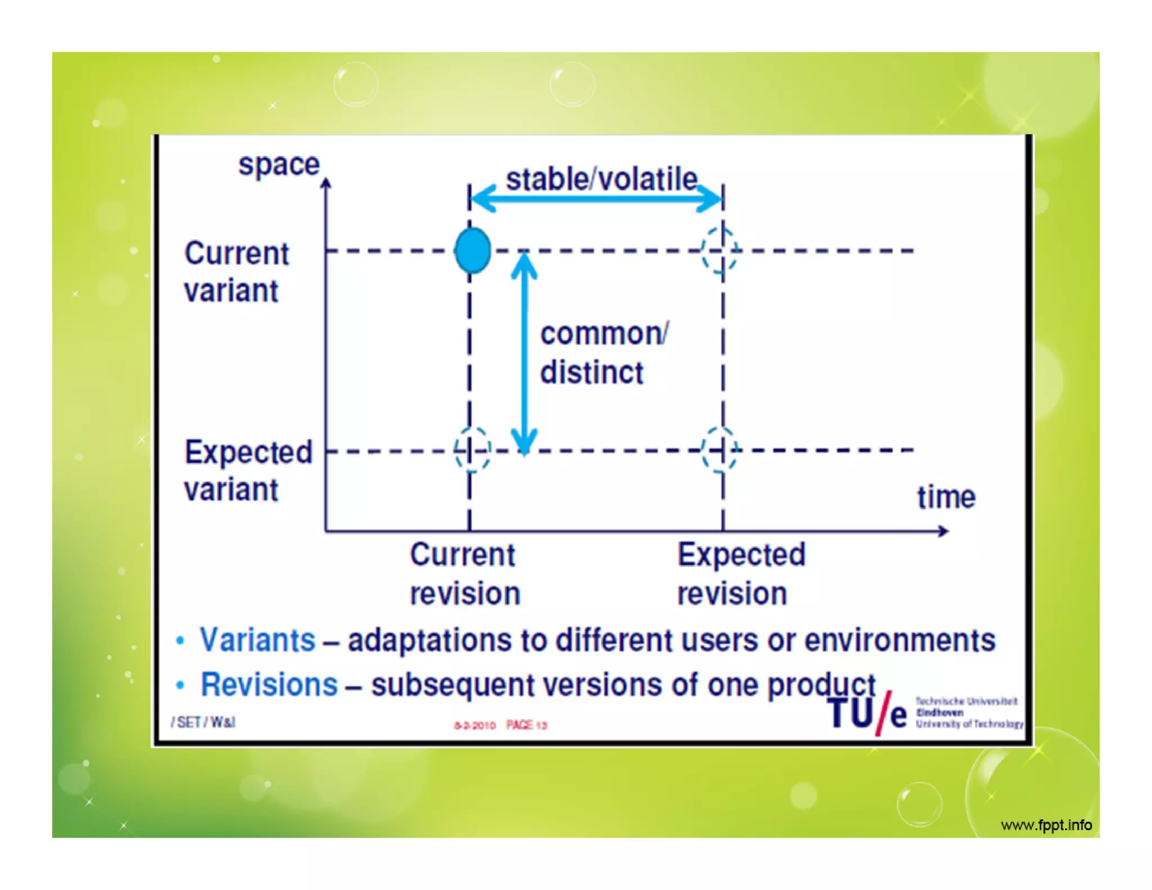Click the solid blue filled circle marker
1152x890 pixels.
click(472, 250)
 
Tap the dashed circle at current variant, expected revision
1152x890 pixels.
click(720, 250)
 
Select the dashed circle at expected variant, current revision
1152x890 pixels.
click(472, 450)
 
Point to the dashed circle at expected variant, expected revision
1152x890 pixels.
click(720, 450)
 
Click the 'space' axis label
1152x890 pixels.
click(279, 164)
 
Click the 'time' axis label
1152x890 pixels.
click(946, 497)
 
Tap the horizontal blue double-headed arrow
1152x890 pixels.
click(596, 199)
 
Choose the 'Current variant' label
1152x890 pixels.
click(236, 272)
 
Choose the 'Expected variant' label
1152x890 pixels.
click(247, 470)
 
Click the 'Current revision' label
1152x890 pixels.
click(465, 574)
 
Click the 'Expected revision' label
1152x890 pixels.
click(740, 574)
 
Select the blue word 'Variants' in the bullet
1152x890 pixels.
click(258, 640)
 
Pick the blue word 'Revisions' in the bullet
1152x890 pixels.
click(269, 685)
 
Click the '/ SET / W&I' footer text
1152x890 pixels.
click(203, 722)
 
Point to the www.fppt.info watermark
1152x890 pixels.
click(1046, 825)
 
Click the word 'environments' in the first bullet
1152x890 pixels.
click(899, 640)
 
